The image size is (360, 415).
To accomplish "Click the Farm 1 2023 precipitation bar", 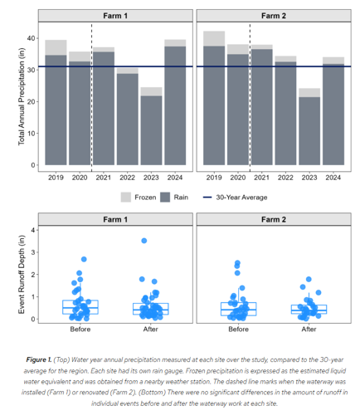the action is [151, 126].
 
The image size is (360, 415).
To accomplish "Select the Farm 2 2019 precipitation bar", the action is [214, 98].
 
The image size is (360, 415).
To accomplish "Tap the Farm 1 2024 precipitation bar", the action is [175, 102].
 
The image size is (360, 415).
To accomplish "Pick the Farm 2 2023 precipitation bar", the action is [309, 127].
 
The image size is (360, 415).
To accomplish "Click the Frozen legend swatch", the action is [126, 198].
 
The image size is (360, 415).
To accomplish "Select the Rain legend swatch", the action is [165, 198].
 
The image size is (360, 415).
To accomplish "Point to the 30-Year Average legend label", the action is [241, 198].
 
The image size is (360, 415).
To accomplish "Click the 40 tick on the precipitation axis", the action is [31, 38].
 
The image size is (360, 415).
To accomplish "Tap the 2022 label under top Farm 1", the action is [127, 178].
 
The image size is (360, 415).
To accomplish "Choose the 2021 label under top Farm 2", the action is [261, 178].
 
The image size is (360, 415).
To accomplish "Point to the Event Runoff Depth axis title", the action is [22, 275].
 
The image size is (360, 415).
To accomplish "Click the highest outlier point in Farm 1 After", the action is [144, 241].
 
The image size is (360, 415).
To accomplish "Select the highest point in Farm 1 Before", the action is [84, 259].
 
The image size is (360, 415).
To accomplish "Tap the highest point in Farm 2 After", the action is [309, 279].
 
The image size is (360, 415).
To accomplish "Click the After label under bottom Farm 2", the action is [309, 330].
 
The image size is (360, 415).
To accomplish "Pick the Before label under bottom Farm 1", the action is [80, 330].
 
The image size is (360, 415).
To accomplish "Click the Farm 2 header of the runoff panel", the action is [274, 219].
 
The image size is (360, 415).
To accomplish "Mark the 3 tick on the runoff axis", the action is [33, 252].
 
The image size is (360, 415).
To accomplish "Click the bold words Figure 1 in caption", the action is [39, 359].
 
